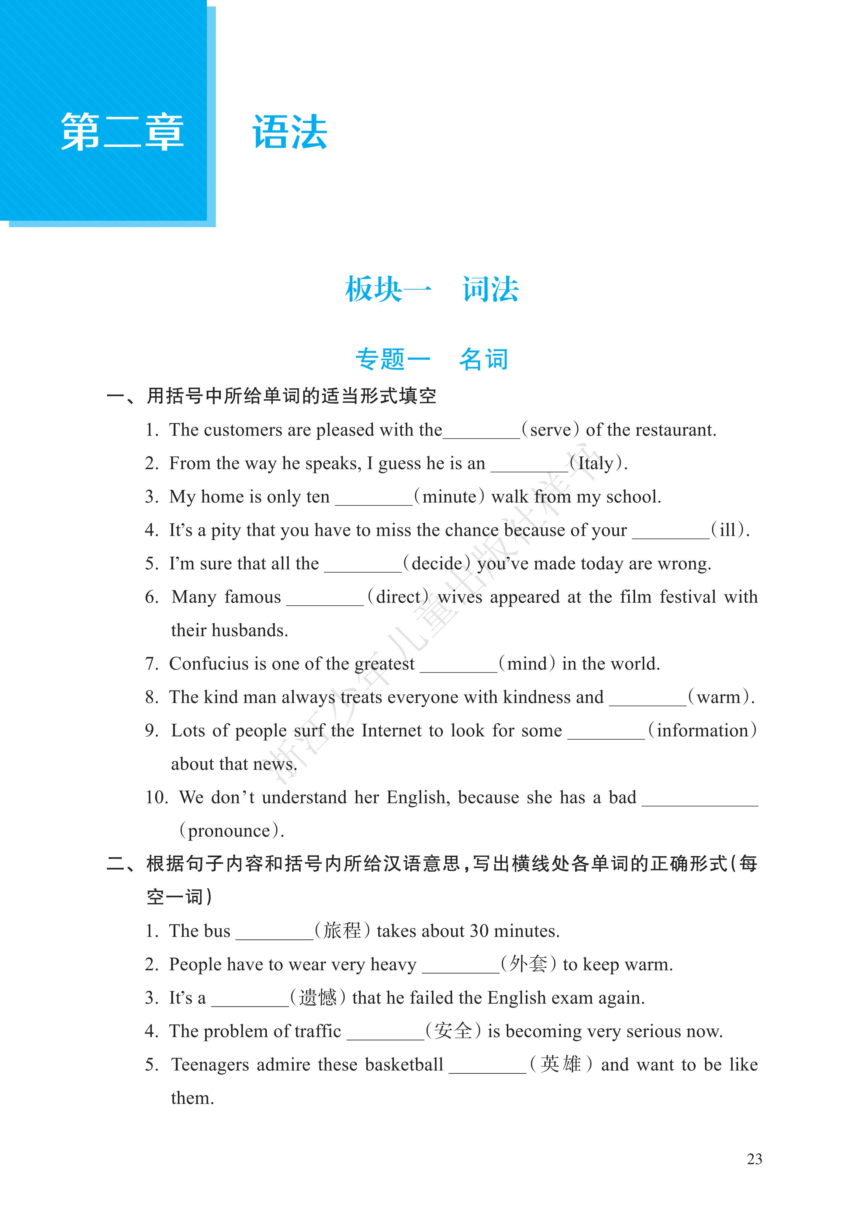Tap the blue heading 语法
[290, 132]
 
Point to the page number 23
[754, 1159]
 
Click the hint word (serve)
[551, 430]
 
